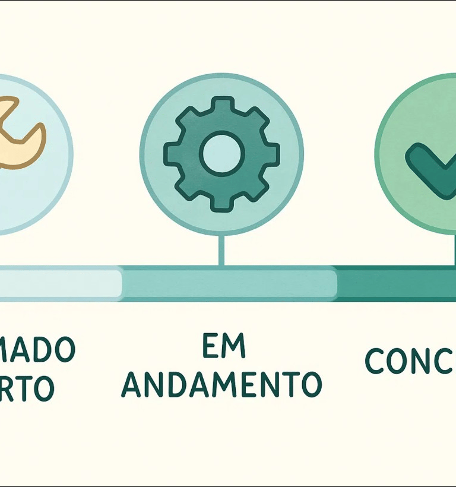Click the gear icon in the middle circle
(221, 153)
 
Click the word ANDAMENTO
(221, 385)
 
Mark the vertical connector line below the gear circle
(221, 249)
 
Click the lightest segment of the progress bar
(59, 283)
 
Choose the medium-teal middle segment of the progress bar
(229, 283)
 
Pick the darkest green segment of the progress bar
(395, 283)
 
